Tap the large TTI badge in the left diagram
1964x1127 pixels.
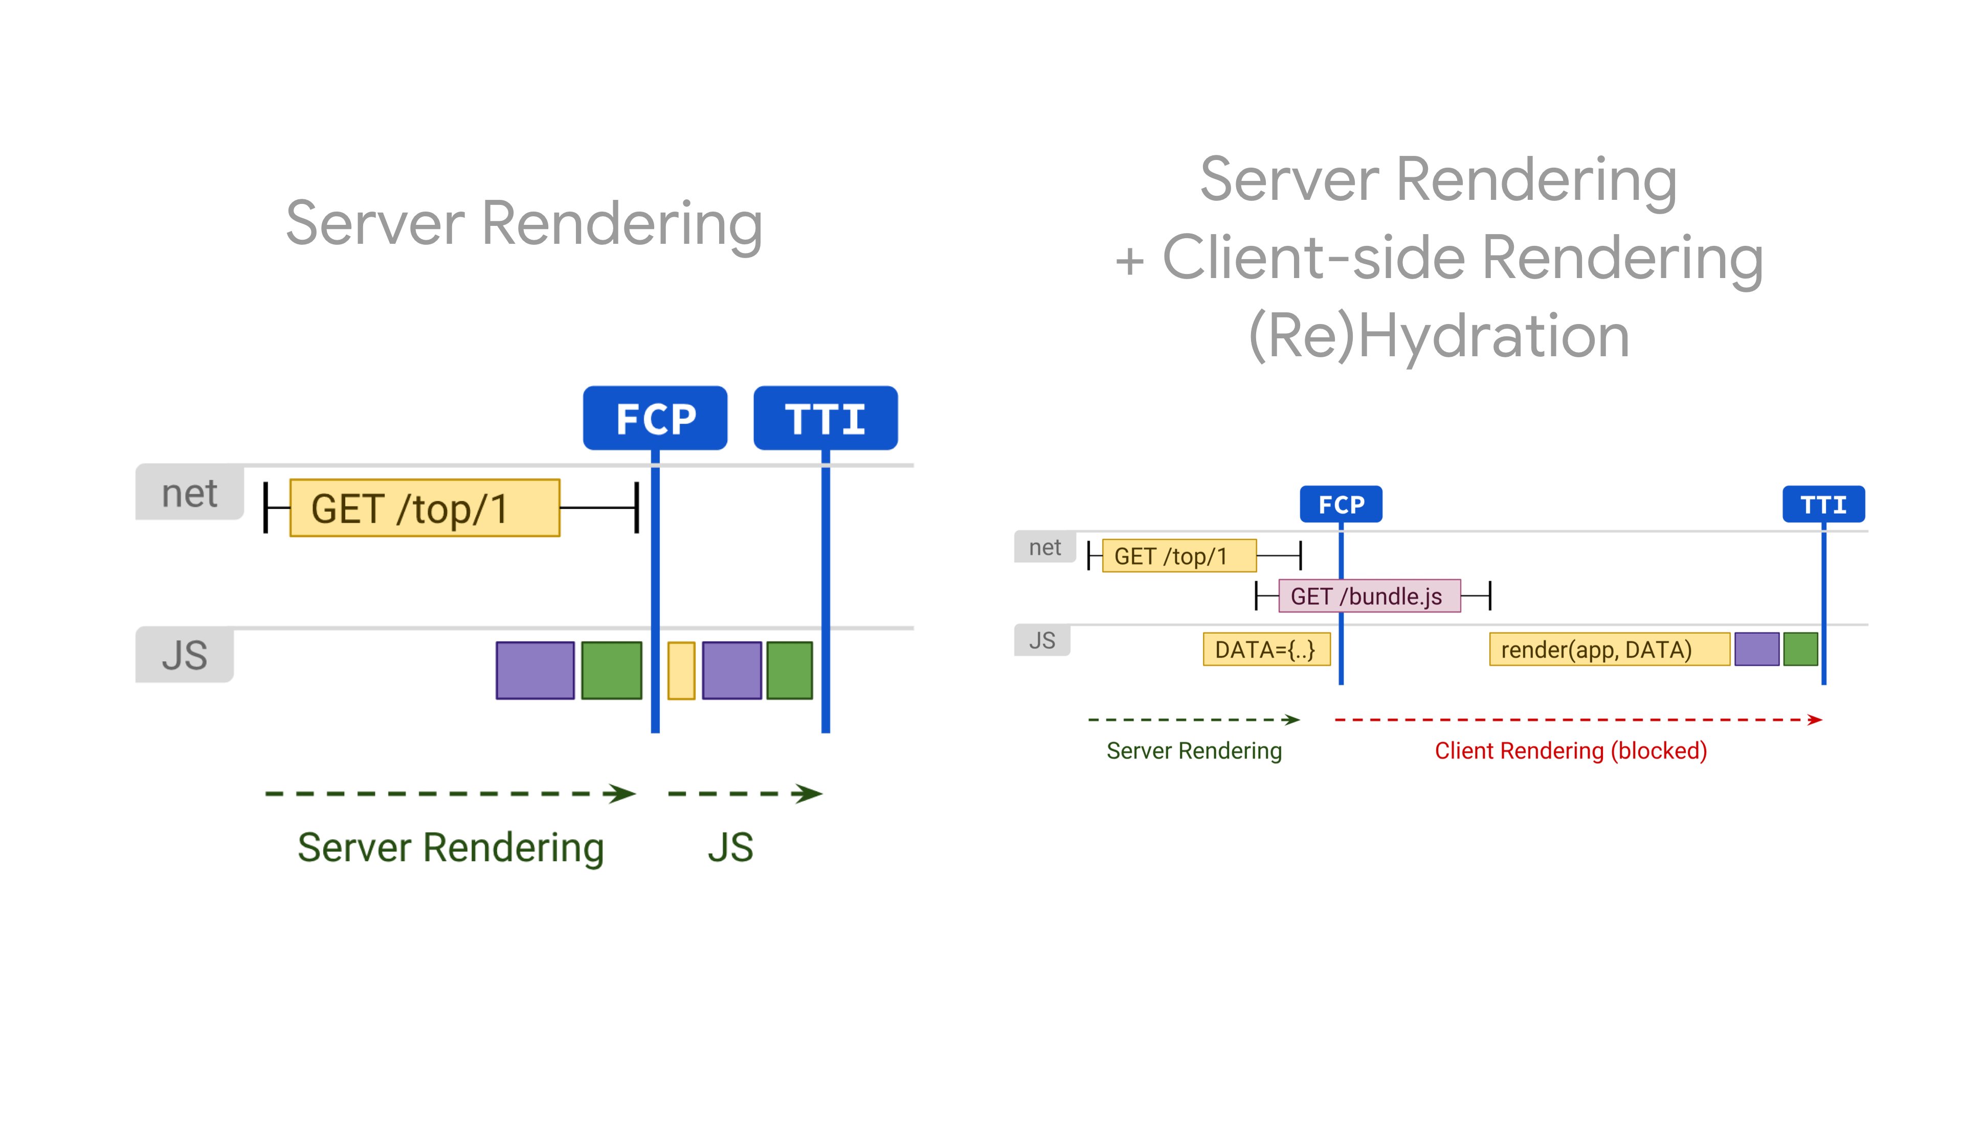825,418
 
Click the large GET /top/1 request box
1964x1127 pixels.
425,508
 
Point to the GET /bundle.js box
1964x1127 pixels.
1369,596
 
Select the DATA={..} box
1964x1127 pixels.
1266,650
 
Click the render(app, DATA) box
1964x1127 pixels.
1609,650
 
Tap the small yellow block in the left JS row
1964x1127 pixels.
681,670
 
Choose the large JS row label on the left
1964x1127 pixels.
184,655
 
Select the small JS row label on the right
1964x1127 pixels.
1042,640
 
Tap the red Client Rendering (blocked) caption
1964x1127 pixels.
1571,751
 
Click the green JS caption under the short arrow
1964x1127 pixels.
730,847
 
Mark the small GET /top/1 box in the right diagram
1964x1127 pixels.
1179,556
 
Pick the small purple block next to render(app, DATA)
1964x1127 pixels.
1756,650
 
